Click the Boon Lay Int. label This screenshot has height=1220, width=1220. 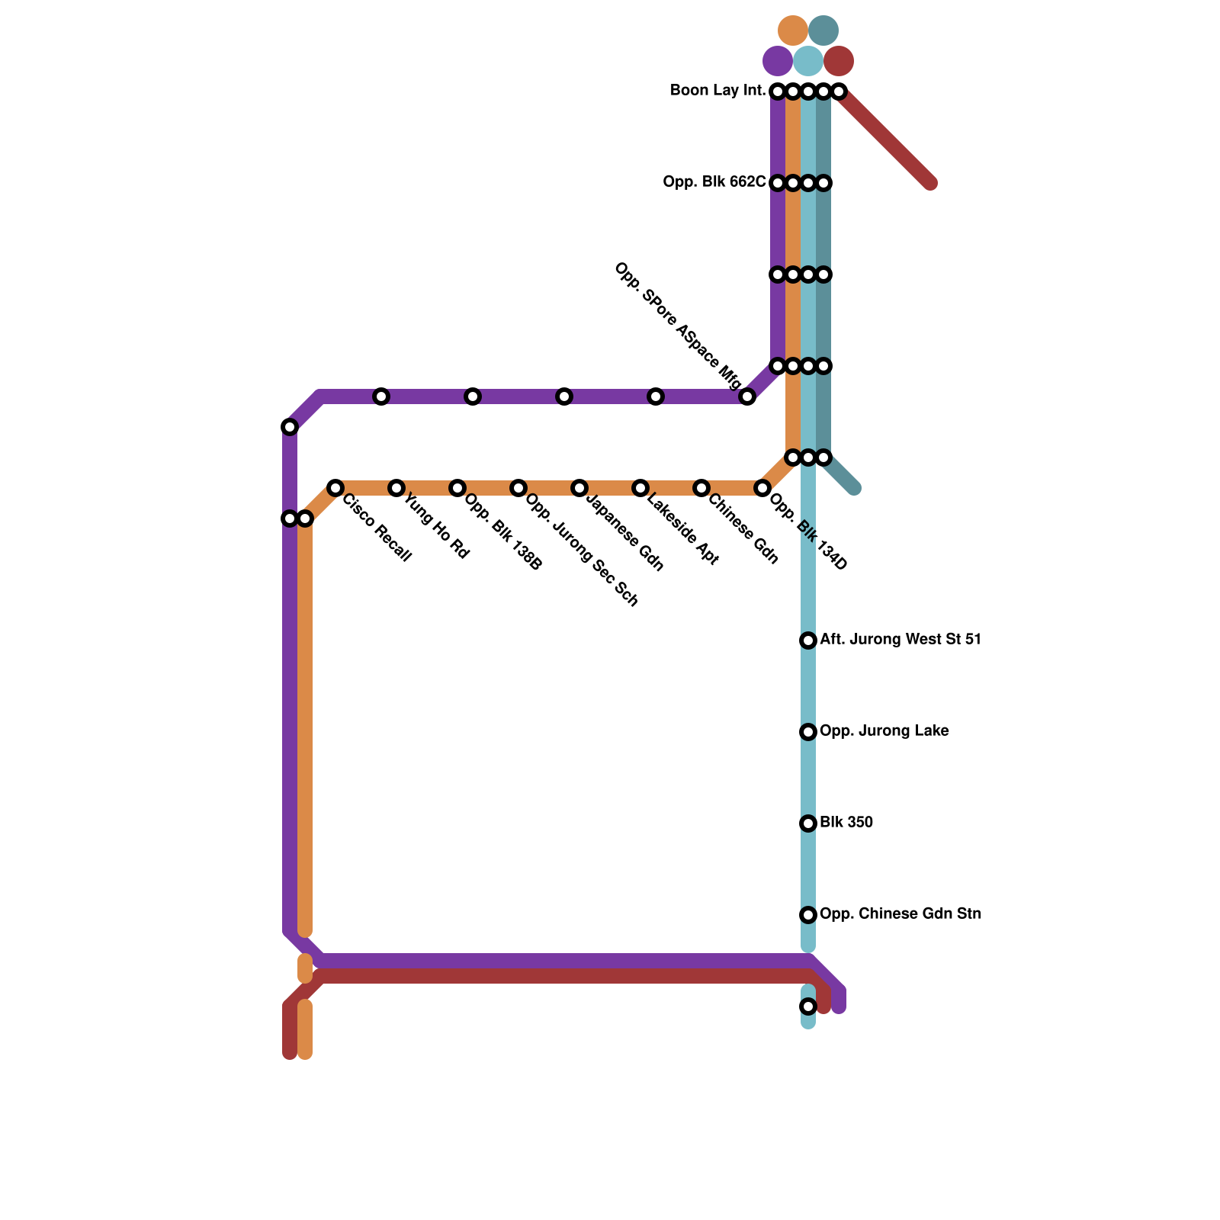coord(718,91)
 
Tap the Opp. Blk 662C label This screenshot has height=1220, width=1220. coord(714,182)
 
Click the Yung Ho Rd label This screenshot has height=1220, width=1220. coord(435,527)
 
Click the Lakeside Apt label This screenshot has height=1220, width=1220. coord(683,530)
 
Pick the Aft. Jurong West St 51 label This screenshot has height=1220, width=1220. coord(900,640)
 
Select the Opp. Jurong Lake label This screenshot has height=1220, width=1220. coord(884,731)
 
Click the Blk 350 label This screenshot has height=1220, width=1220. coord(846,823)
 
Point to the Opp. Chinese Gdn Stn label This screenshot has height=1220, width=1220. coord(900,914)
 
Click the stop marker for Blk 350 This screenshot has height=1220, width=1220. coord(808,823)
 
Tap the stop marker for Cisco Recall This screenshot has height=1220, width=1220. coord(335,488)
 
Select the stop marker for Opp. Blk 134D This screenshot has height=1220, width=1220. coord(762,488)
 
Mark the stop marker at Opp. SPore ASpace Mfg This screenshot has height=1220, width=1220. coord(747,396)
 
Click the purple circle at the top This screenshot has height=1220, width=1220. coord(778,61)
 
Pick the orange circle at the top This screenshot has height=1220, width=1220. coord(793,30)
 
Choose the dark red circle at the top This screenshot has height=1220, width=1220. coord(839,61)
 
